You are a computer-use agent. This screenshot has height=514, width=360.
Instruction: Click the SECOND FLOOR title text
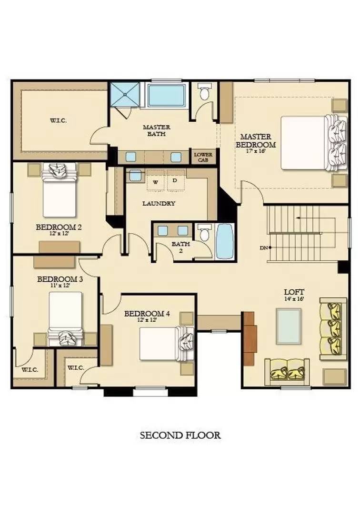coord(180,435)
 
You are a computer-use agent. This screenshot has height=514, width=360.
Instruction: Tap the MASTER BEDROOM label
coord(258,141)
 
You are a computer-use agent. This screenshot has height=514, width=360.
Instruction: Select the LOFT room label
coord(294,292)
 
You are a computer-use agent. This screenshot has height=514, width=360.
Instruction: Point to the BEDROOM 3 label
coord(60,279)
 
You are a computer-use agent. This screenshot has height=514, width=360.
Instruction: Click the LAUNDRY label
coord(159,203)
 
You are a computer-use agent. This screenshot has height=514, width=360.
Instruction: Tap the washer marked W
coord(155,181)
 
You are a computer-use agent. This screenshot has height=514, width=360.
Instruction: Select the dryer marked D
coord(175,181)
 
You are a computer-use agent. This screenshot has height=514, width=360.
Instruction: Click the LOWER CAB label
coord(203,157)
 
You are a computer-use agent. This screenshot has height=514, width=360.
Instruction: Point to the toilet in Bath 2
coord(205,233)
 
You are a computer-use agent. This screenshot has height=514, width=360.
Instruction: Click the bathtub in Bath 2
coord(225,242)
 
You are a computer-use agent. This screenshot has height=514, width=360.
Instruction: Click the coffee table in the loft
coord(289,326)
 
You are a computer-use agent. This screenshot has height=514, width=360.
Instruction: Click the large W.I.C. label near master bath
coord(58,120)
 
